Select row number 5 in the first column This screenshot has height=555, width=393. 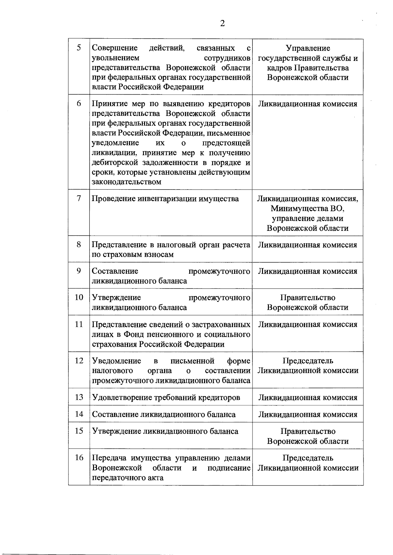click(79, 48)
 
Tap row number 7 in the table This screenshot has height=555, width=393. click(79, 198)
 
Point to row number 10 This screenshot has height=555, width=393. click(79, 297)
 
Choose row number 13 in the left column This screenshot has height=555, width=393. click(79, 397)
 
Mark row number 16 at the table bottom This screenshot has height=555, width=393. click(79, 457)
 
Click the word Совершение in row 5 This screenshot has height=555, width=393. click(115, 48)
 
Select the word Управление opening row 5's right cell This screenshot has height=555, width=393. click(308, 48)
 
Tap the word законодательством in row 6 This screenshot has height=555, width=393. click(126, 182)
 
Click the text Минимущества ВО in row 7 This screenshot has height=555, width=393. click(308, 209)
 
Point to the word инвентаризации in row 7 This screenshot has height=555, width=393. click(169, 199)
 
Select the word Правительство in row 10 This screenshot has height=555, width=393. click(308, 298)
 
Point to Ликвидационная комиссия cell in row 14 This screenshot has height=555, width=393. click(308, 414)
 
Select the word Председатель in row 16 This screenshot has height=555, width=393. click(308, 458)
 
